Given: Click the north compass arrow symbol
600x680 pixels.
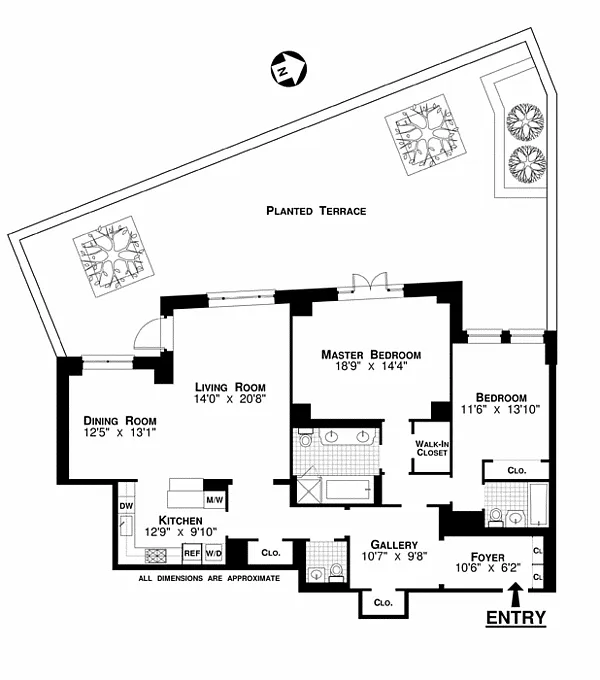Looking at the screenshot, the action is tap(288, 69).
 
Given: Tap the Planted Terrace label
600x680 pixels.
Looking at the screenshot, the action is tap(316, 211).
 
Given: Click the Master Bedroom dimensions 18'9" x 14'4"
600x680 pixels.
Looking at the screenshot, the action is tap(371, 366).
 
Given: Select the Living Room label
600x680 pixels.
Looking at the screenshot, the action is tap(230, 387).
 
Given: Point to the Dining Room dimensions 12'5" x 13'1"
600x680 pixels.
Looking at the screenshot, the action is tap(120, 432).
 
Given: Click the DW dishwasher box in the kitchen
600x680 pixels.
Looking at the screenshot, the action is tap(126, 506).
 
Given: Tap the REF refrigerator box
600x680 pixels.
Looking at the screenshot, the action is tap(192, 553).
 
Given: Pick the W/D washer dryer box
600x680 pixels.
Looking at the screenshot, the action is tap(214, 553).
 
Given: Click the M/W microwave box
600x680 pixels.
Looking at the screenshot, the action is tap(215, 500).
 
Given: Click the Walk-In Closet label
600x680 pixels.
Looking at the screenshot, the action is tap(432, 448).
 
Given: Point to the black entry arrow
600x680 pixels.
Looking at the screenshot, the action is tap(515, 594).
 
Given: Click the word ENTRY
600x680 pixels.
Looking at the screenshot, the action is tap(516, 618).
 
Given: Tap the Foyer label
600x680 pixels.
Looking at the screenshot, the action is tap(488, 557).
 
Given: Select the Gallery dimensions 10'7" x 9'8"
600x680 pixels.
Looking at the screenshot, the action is tap(395, 556).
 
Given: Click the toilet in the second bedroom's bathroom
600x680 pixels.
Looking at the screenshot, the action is tap(495, 518).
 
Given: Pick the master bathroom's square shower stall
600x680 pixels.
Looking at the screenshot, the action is tap(308, 490).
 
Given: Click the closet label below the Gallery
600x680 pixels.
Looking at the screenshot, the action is tap(383, 603).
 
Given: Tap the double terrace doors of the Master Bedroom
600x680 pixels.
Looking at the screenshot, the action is tap(369, 281).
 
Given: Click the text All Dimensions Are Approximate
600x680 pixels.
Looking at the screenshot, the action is tap(209, 578).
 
